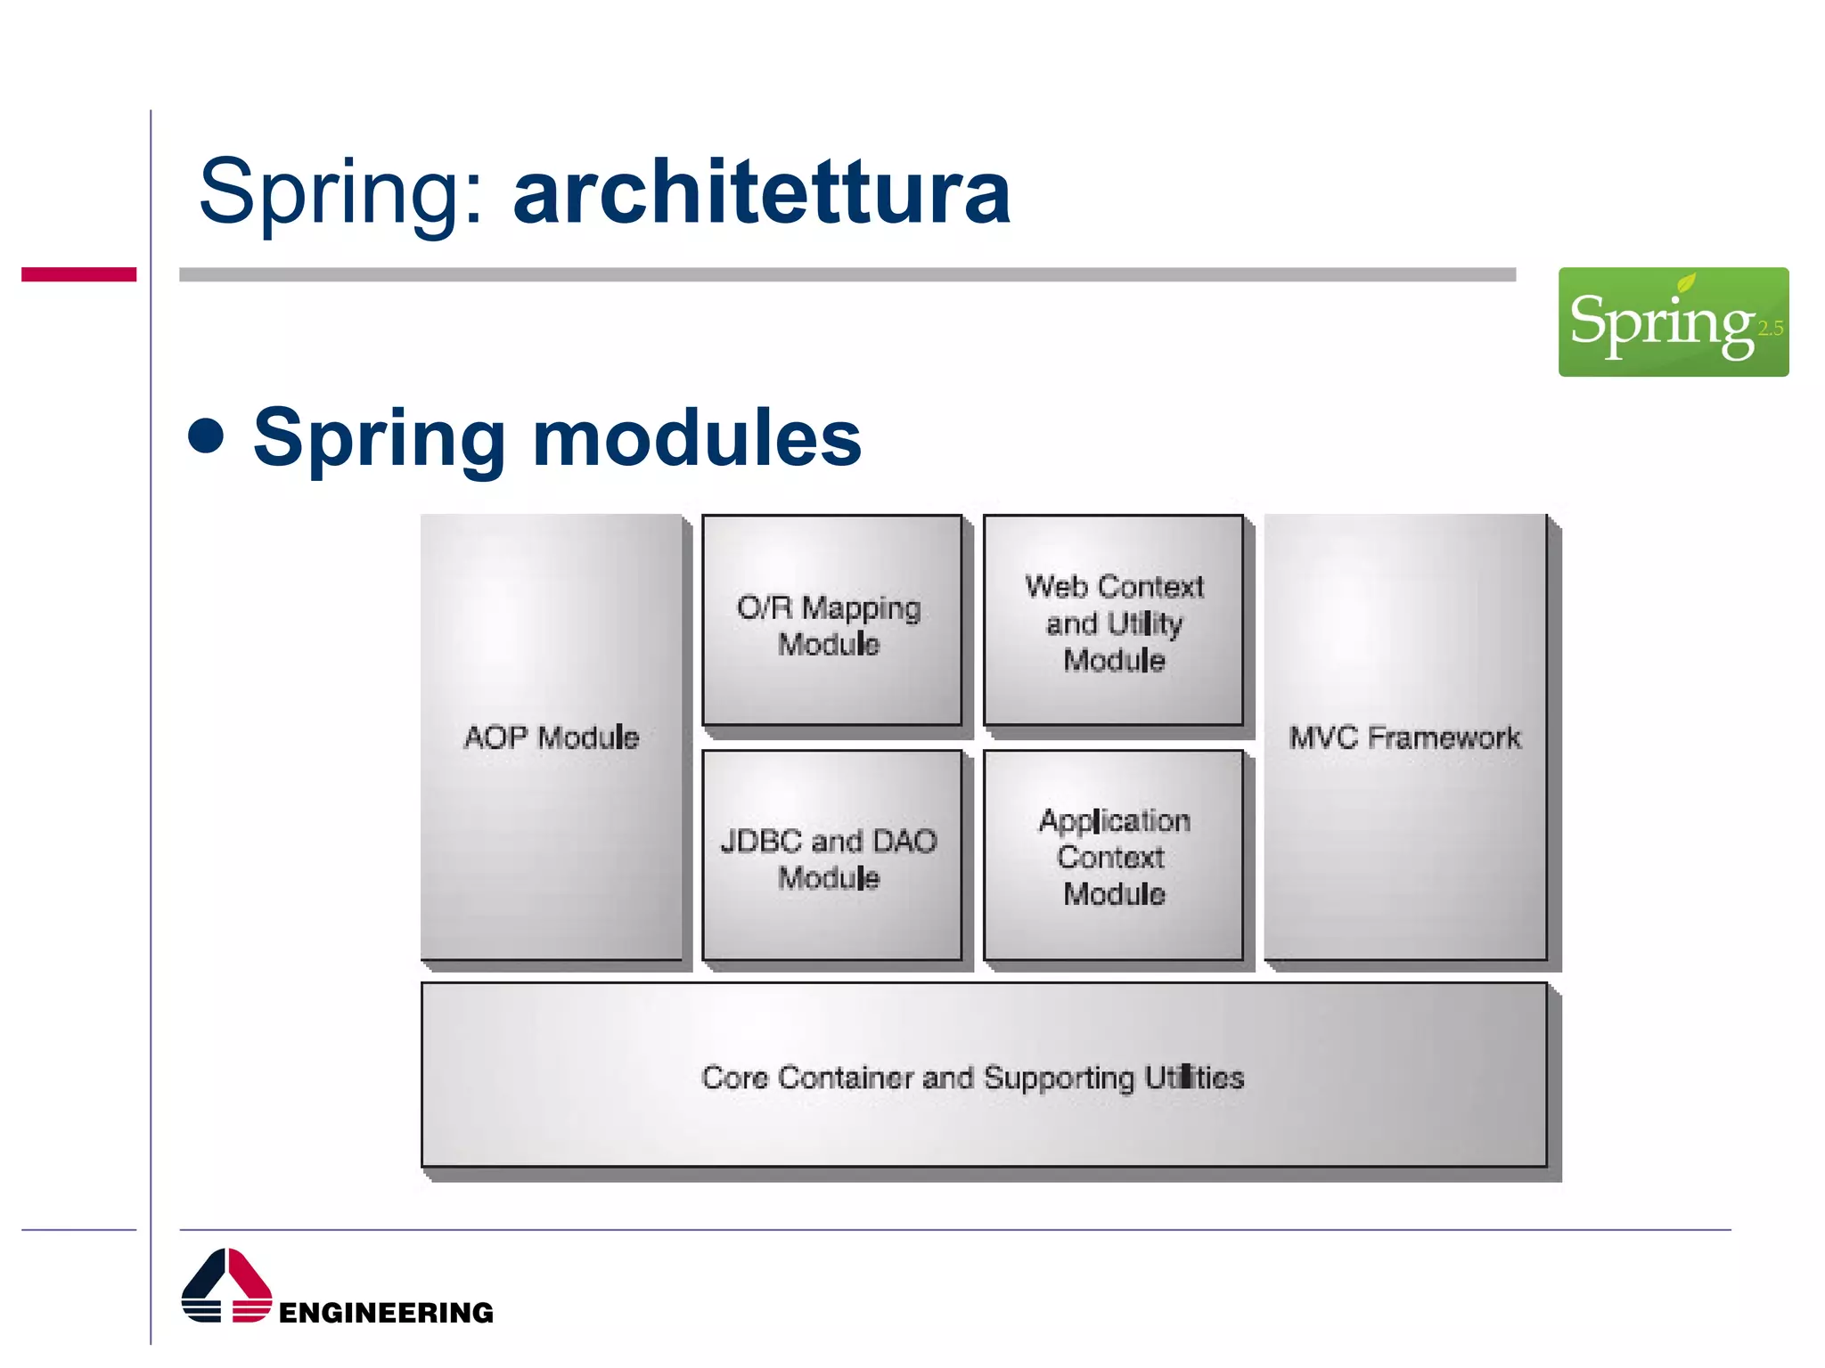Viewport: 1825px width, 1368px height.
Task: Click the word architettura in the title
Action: click(762, 191)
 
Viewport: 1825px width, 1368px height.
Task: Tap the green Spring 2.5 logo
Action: click(1673, 322)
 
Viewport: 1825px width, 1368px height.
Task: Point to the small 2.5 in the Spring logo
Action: click(1770, 328)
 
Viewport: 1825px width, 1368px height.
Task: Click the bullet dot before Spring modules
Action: click(207, 436)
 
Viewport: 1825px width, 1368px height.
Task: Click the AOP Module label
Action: click(552, 737)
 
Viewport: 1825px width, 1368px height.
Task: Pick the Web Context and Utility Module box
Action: click(1113, 621)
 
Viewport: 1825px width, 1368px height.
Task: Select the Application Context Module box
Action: click(1113, 856)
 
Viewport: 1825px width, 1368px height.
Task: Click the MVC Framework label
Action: click(1404, 737)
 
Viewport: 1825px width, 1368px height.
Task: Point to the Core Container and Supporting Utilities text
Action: click(972, 1078)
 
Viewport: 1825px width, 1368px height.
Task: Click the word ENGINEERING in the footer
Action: click(386, 1312)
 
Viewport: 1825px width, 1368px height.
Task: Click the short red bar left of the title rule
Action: click(78, 274)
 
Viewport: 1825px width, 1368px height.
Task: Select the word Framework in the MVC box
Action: click(1444, 737)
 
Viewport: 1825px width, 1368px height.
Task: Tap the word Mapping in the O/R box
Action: click(861, 608)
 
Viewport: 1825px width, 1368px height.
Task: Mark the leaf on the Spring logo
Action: click(1686, 283)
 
